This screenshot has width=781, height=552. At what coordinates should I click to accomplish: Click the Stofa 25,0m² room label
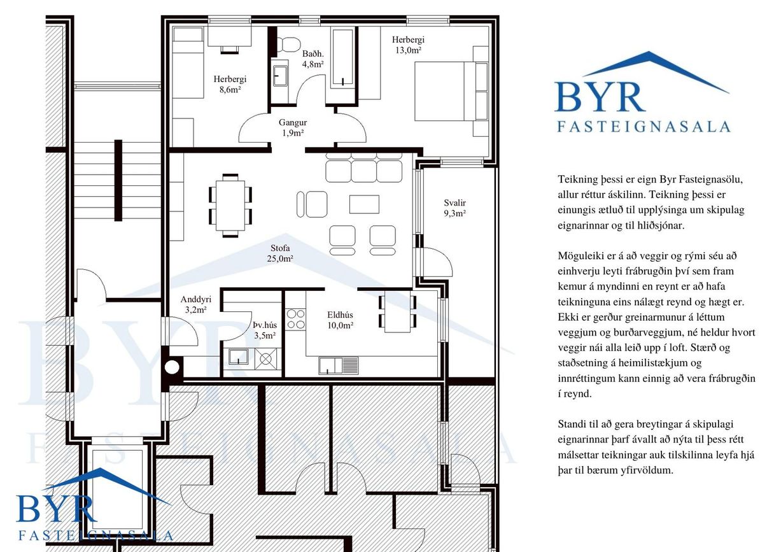[280, 253]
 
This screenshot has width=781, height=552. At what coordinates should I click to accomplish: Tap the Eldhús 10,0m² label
[340, 320]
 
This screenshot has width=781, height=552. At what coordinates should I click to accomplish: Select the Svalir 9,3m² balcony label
[454, 208]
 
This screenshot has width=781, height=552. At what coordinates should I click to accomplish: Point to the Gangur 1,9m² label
[293, 127]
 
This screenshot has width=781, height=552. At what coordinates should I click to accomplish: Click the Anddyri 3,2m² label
[195, 304]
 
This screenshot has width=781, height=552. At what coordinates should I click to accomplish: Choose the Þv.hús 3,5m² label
[265, 330]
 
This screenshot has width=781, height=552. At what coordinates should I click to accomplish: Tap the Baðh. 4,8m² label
[313, 59]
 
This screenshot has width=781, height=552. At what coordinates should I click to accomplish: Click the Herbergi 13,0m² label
[408, 45]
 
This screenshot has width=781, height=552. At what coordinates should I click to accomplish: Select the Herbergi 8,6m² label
[230, 84]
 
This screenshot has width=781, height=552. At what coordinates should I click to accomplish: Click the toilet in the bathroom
[288, 45]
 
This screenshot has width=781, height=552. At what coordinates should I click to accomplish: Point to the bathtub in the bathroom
[343, 58]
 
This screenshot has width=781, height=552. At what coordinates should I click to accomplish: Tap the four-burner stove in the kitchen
[296, 320]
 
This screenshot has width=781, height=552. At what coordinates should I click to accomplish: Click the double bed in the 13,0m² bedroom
[451, 91]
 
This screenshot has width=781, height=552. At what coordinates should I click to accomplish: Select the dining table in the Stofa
[230, 206]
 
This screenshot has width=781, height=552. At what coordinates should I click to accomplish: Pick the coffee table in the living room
[364, 204]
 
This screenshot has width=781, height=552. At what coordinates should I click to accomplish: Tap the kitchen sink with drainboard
[338, 366]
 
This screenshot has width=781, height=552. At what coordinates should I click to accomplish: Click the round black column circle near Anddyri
[172, 367]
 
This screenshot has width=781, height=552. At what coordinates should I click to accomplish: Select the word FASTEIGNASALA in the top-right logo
[644, 127]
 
